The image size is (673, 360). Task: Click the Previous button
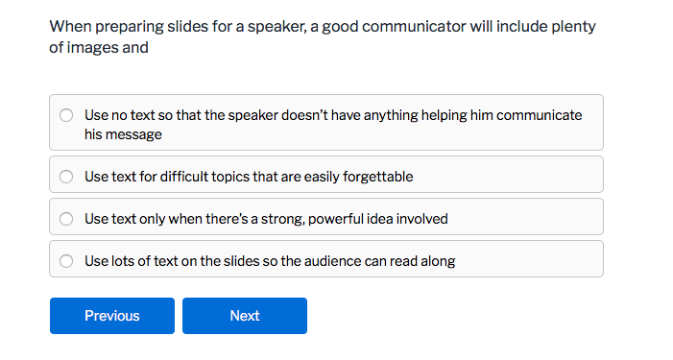(x=112, y=316)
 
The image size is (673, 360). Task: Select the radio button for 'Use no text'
(x=66, y=115)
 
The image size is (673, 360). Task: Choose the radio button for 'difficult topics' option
(x=66, y=177)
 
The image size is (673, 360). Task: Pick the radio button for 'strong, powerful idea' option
(x=66, y=219)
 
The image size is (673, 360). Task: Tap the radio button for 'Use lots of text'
(x=66, y=261)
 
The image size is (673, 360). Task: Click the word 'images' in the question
(x=93, y=46)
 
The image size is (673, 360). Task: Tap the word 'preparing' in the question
(x=119, y=27)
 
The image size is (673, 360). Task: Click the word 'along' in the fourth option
(x=437, y=261)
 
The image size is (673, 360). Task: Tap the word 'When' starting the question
(x=67, y=27)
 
